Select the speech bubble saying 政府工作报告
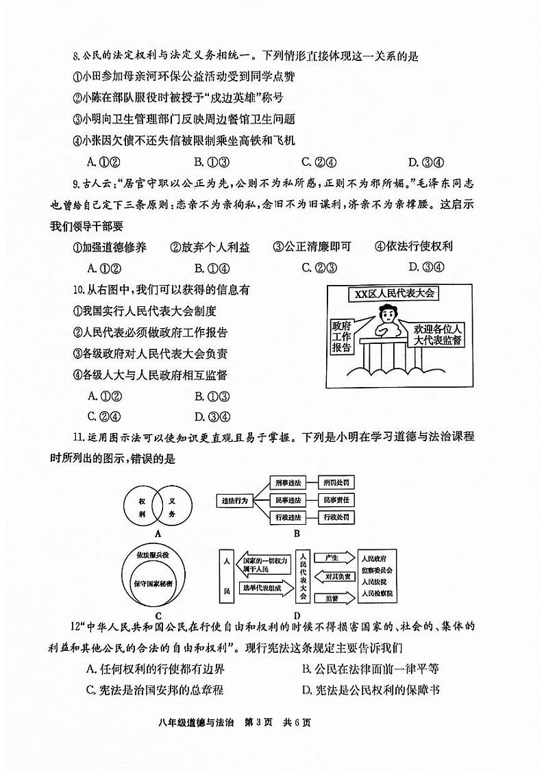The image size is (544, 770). coord(341,336)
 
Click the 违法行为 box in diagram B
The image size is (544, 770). coord(234,500)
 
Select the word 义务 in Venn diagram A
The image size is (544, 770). coord(172,504)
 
